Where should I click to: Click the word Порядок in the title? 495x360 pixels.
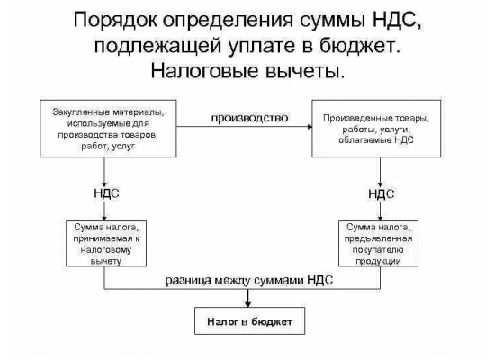pos(116,20)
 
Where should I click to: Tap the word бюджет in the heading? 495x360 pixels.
pos(361,46)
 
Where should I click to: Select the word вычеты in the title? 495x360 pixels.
pos(304,71)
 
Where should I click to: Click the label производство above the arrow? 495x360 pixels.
pos(249,118)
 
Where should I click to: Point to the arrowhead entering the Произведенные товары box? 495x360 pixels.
pos(310,127)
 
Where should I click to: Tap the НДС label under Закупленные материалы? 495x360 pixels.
pos(106,193)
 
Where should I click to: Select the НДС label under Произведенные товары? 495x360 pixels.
pos(382,193)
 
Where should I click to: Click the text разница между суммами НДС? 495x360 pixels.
pos(249,281)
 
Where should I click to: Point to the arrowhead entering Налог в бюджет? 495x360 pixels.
pos(248,304)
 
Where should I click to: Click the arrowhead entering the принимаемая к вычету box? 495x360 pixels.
pos(104,218)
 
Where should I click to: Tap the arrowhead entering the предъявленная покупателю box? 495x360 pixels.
pos(380,218)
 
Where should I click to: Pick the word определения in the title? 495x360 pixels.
pos(229,21)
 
